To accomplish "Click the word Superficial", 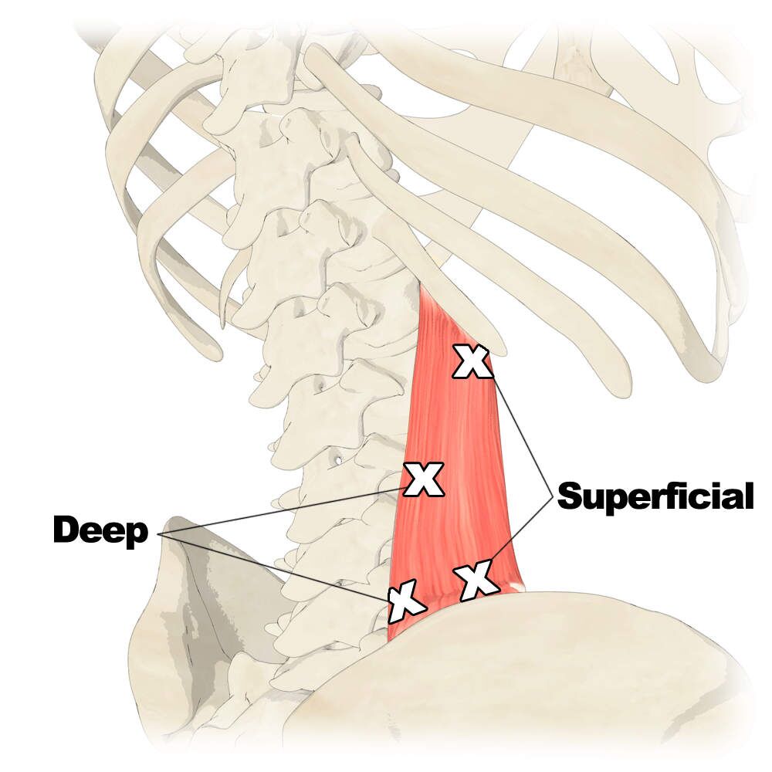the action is (655, 496).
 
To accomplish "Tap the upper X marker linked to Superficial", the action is (472, 361).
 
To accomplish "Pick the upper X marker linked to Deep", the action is (423, 479).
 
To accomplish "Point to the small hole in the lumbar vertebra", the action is (338, 460).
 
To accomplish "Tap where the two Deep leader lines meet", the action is (158, 535).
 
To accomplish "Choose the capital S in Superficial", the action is (571, 496).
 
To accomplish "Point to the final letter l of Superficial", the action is (750, 495).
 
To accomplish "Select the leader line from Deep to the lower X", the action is (274, 567).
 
